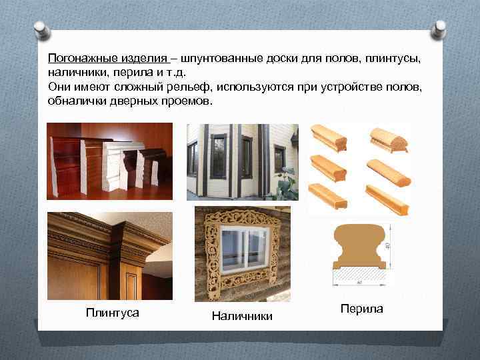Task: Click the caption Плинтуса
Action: [113, 312]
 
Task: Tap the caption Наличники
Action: [242, 316]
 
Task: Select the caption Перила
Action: [361, 309]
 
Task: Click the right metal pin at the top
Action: [440, 28]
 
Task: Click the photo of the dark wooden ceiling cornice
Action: [109, 255]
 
